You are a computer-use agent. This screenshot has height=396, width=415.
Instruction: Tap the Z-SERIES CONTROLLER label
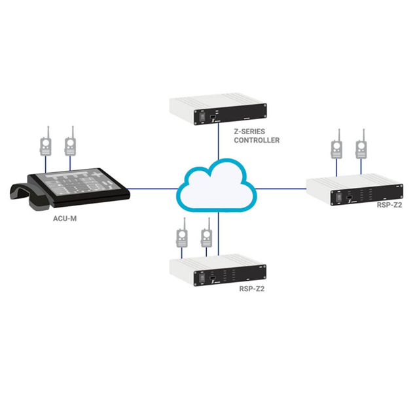click(x=256, y=135)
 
